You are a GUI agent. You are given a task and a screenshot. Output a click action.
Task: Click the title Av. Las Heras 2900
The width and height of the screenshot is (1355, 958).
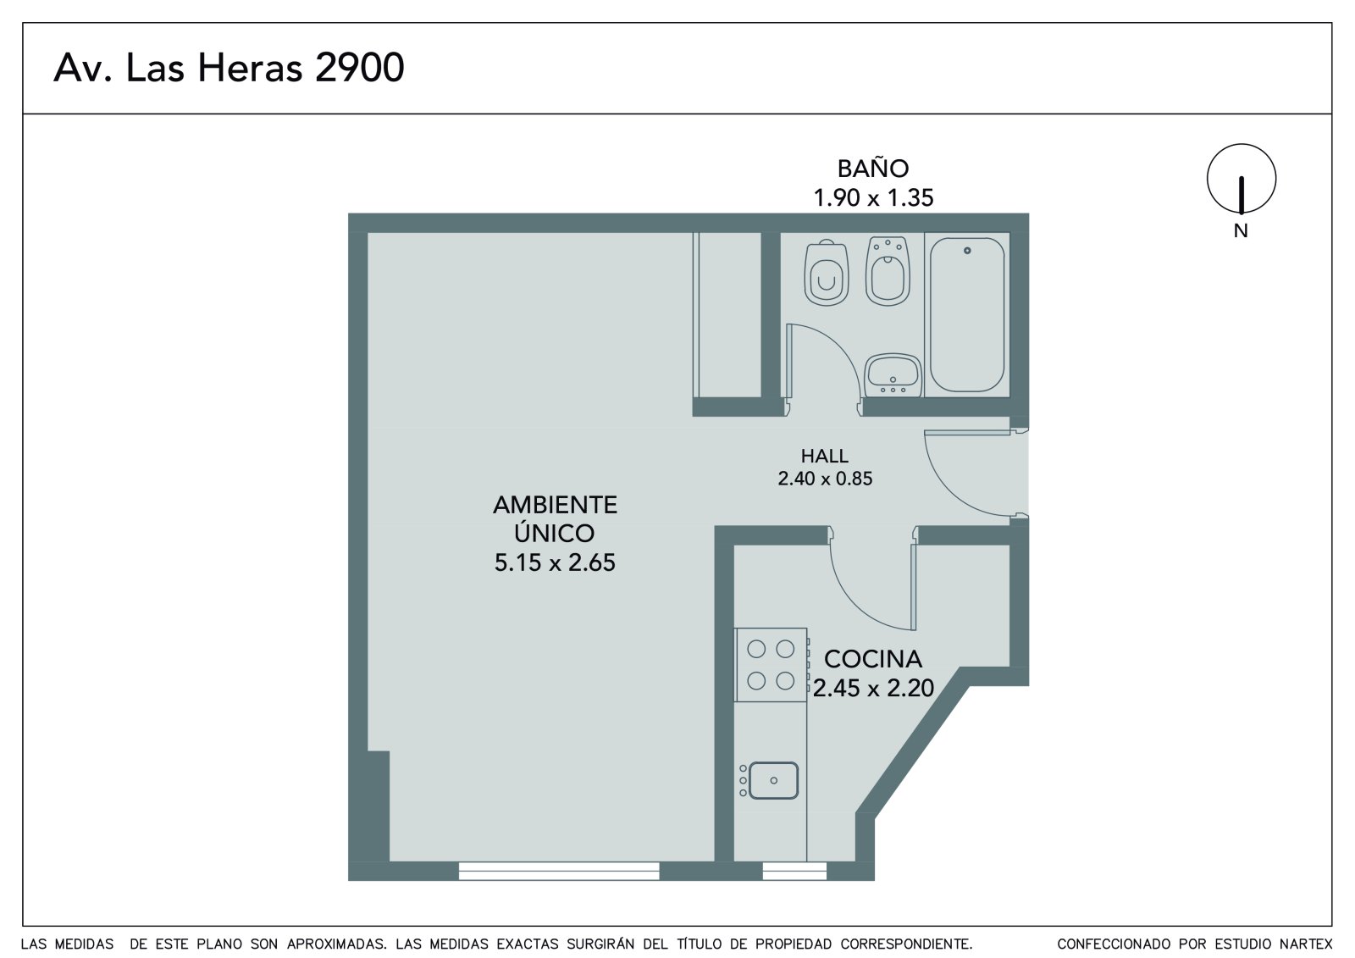tap(229, 68)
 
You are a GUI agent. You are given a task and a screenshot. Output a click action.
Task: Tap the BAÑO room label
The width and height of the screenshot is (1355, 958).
tap(873, 169)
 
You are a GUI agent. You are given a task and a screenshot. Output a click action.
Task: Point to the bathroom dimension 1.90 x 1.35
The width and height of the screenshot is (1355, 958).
tap(873, 198)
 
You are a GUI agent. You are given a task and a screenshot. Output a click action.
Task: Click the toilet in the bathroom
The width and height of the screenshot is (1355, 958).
tap(826, 273)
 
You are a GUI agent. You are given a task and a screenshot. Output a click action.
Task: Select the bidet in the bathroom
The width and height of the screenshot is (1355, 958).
tap(888, 271)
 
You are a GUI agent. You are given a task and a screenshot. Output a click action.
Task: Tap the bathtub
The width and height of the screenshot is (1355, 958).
tap(966, 315)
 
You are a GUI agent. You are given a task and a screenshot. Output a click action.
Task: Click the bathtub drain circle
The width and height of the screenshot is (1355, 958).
tap(966, 251)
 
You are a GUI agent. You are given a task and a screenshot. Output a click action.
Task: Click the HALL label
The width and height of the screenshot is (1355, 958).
tap(825, 456)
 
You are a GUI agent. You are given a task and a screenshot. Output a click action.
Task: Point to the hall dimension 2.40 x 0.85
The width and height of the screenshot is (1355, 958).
tap(825, 479)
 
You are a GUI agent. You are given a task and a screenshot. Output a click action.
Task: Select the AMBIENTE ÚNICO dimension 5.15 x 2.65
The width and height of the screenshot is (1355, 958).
tap(555, 562)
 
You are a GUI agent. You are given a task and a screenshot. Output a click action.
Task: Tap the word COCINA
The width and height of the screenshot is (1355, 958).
tap(873, 659)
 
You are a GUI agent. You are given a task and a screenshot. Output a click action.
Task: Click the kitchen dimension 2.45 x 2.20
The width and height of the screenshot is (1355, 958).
tap(873, 688)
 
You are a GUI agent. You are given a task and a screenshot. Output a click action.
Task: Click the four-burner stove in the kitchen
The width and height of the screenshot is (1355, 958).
tap(772, 665)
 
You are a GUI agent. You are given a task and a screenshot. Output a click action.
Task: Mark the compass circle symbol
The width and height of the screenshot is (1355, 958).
tap(1242, 144)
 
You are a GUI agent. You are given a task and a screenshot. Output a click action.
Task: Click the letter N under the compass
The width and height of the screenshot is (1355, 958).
tap(1241, 231)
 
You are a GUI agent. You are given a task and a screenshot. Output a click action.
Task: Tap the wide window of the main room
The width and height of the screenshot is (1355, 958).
tap(559, 871)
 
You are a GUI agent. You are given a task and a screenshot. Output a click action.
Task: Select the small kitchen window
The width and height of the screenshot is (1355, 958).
tap(794, 871)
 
